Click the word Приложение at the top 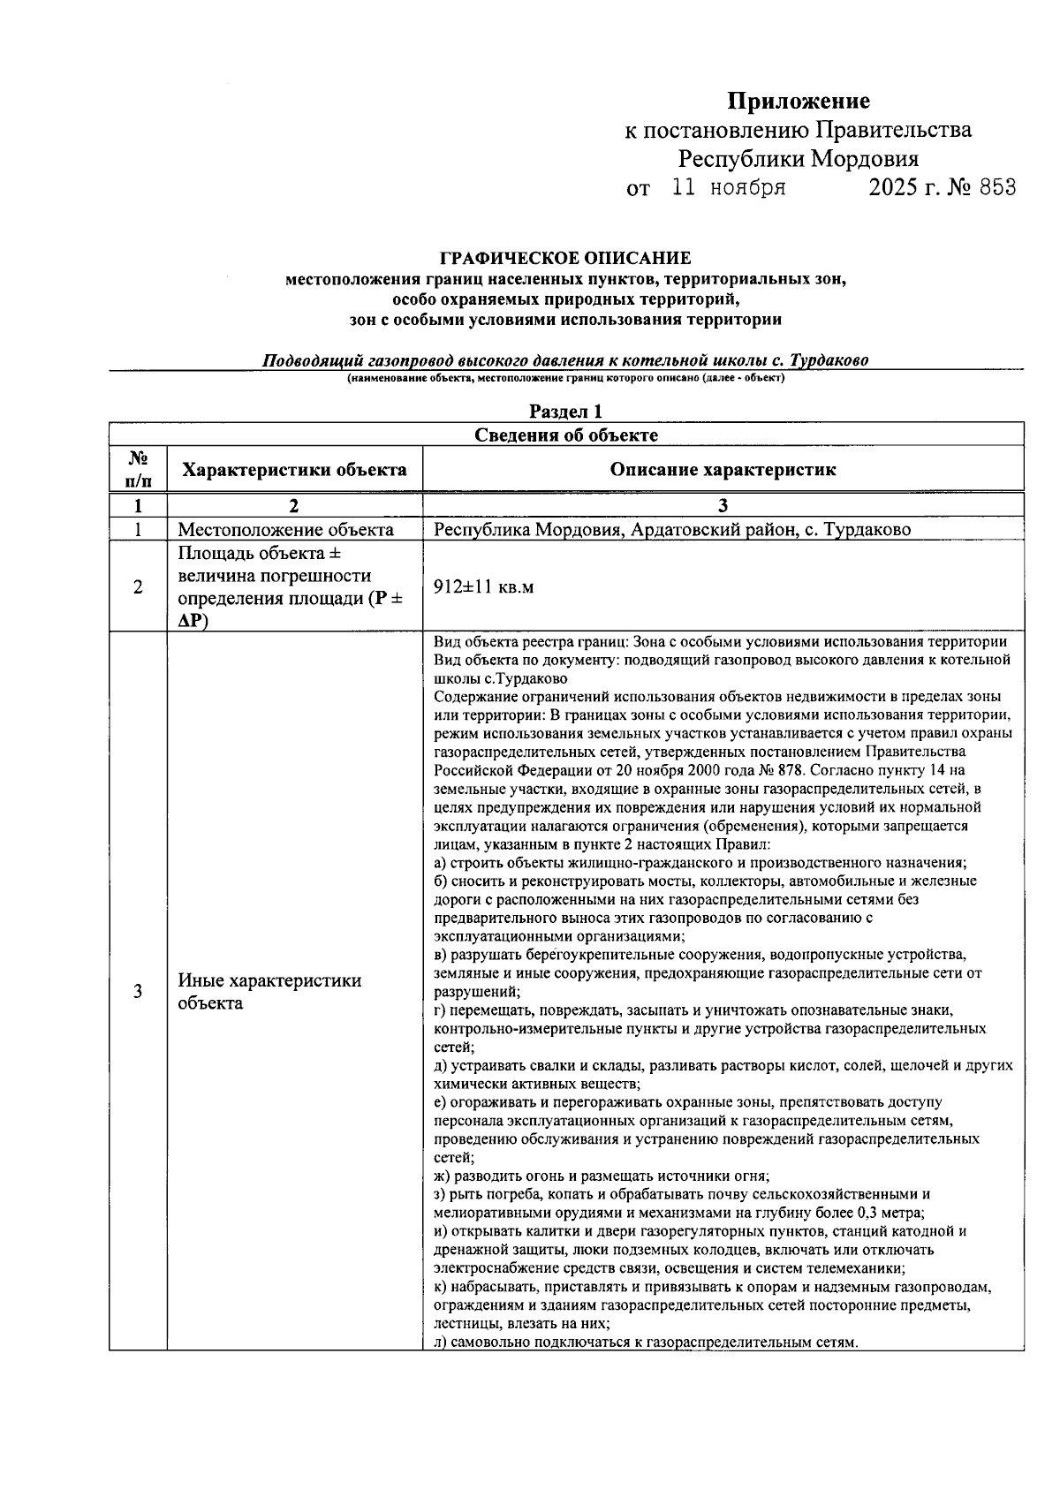pyautogui.click(x=798, y=101)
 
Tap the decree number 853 pyautogui.click(x=996, y=187)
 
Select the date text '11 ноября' pyautogui.click(x=729, y=187)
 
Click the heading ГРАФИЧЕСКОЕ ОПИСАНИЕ pyautogui.click(x=565, y=259)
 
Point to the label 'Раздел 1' pyautogui.click(x=565, y=412)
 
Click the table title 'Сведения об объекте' pyautogui.click(x=565, y=435)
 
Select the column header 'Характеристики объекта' pyautogui.click(x=294, y=470)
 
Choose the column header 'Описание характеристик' pyautogui.click(x=723, y=470)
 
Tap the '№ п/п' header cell pyautogui.click(x=138, y=470)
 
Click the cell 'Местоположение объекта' pyautogui.click(x=285, y=530)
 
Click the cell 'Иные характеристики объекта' pyautogui.click(x=269, y=992)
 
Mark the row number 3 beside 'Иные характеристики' pyautogui.click(x=138, y=992)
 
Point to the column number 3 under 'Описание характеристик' pyautogui.click(x=723, y=506)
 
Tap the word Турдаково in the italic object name pyautogui.click(x=829, y=360)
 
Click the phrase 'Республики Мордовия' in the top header pyautogui.click(x=798, y=159)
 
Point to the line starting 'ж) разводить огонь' pyautogui.click(x=602, y=1176)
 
